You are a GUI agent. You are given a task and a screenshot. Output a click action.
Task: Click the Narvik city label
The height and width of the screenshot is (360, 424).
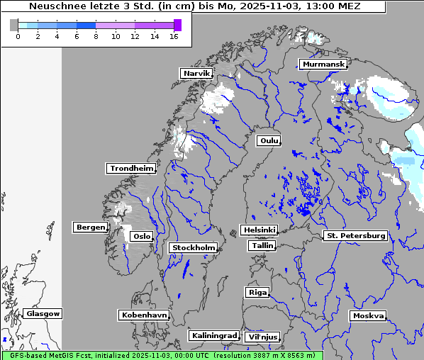(x=196, y=73)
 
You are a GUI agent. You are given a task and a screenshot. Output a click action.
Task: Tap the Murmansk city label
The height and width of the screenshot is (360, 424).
(x=323, y=64)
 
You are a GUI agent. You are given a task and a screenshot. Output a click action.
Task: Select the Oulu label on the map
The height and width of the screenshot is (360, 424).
(x=269, y=140)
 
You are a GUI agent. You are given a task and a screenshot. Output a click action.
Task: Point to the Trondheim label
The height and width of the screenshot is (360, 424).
(x=131, y=168)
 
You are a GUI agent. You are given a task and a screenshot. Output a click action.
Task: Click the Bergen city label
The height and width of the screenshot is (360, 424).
(x=89, y=227)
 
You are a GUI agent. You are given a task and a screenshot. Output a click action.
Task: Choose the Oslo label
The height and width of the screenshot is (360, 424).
(x=142, y=236)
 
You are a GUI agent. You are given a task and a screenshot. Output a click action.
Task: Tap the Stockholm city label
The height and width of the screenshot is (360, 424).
(x=194, y=247)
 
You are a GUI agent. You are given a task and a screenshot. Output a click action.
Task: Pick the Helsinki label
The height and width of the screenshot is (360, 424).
(x=258, y=230)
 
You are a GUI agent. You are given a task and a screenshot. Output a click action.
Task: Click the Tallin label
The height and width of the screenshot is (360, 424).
(x=262, y=245)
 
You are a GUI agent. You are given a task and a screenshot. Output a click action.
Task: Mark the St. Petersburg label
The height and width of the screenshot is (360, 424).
(x=355, y=235)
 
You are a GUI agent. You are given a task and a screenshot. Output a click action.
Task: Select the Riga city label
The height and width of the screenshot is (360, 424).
(x=257, y=292)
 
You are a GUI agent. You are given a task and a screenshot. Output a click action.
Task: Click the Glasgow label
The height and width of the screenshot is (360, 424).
(x=43, y=313)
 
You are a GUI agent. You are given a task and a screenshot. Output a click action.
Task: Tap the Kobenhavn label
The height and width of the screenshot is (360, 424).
(x=144, y=314)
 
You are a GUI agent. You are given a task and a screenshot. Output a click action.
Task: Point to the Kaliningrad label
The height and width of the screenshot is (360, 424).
(x=213, y=335)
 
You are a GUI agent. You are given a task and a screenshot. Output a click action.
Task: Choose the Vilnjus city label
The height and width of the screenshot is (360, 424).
(x=262, y=337)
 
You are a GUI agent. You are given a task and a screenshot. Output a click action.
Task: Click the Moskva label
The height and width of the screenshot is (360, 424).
(x=368, y=315)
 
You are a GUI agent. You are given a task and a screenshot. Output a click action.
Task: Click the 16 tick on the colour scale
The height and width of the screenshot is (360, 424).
(x=174, y=36)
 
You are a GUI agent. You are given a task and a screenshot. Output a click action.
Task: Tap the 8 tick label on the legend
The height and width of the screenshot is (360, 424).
(x=96, y=36)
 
